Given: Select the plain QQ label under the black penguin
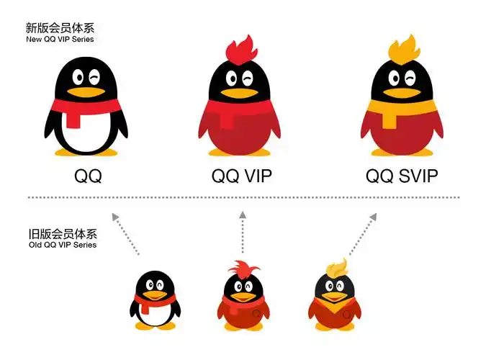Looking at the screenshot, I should click(88, 176).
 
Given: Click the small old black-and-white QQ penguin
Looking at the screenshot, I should click(154, 301).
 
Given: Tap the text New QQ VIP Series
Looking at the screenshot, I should click(60, 39).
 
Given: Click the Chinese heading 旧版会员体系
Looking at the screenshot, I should click(60, 235).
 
